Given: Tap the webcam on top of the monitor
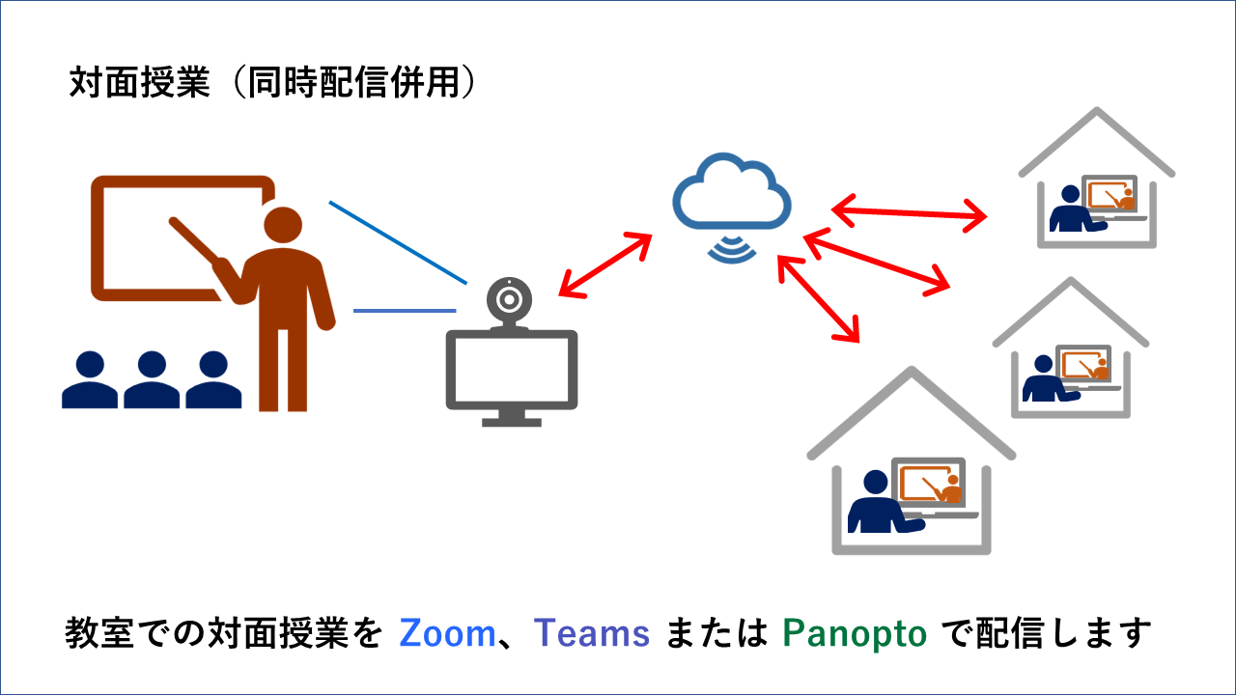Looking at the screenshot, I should click(x=509, y=301).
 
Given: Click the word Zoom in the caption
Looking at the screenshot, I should click(x=447, y=633).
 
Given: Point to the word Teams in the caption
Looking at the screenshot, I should click(x=591, y=633).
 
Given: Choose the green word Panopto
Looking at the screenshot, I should click(x=855, y=633).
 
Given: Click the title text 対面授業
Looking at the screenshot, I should click(x=139, y=84).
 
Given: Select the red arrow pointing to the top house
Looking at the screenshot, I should click(x=909, y=211).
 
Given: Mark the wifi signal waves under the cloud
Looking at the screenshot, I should click(x=732, y=248).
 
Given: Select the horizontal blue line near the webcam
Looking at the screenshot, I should click(x=405, y=311).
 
